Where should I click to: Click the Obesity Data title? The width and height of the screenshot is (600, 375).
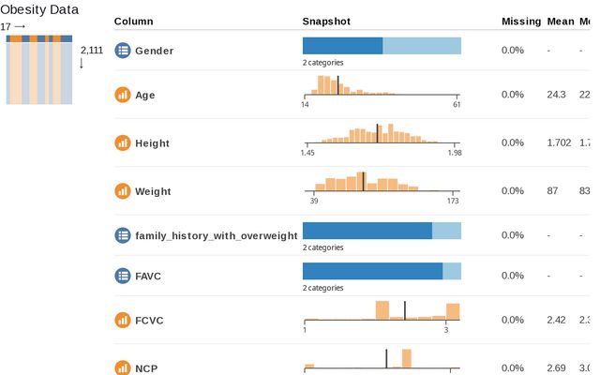click(x=38, y=9)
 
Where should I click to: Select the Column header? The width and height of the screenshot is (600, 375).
click(x=133, y=21)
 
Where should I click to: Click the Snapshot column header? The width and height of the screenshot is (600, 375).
click(x=328, y=21)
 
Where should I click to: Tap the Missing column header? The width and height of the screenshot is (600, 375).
click(x=521, y=21)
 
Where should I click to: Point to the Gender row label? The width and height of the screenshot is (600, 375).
click(x=154, y=51)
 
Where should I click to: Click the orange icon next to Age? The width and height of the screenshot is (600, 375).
click(x=122, y=95)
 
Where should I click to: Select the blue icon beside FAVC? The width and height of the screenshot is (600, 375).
click(x=122, y=276)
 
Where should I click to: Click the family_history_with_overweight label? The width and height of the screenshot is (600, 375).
click(x=216, y=236)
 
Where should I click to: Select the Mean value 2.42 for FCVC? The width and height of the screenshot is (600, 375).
click(x=557, y=321)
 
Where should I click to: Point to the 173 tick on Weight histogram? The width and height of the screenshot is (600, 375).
click(x=452, y=201)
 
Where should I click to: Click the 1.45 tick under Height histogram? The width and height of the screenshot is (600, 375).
click(x=307, y=153)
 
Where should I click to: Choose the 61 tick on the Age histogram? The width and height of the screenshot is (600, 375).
click(x=457, y=104)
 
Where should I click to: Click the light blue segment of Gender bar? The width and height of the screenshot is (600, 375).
click(x=422, y=46)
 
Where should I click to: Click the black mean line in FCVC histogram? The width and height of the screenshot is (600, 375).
click(x=405, y=311)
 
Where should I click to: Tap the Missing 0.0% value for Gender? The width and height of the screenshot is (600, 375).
click(x=513, y=51)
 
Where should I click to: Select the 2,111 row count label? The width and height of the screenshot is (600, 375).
click(x=92, y=51)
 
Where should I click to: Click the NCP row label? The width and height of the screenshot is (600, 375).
click(x=147, y=368)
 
